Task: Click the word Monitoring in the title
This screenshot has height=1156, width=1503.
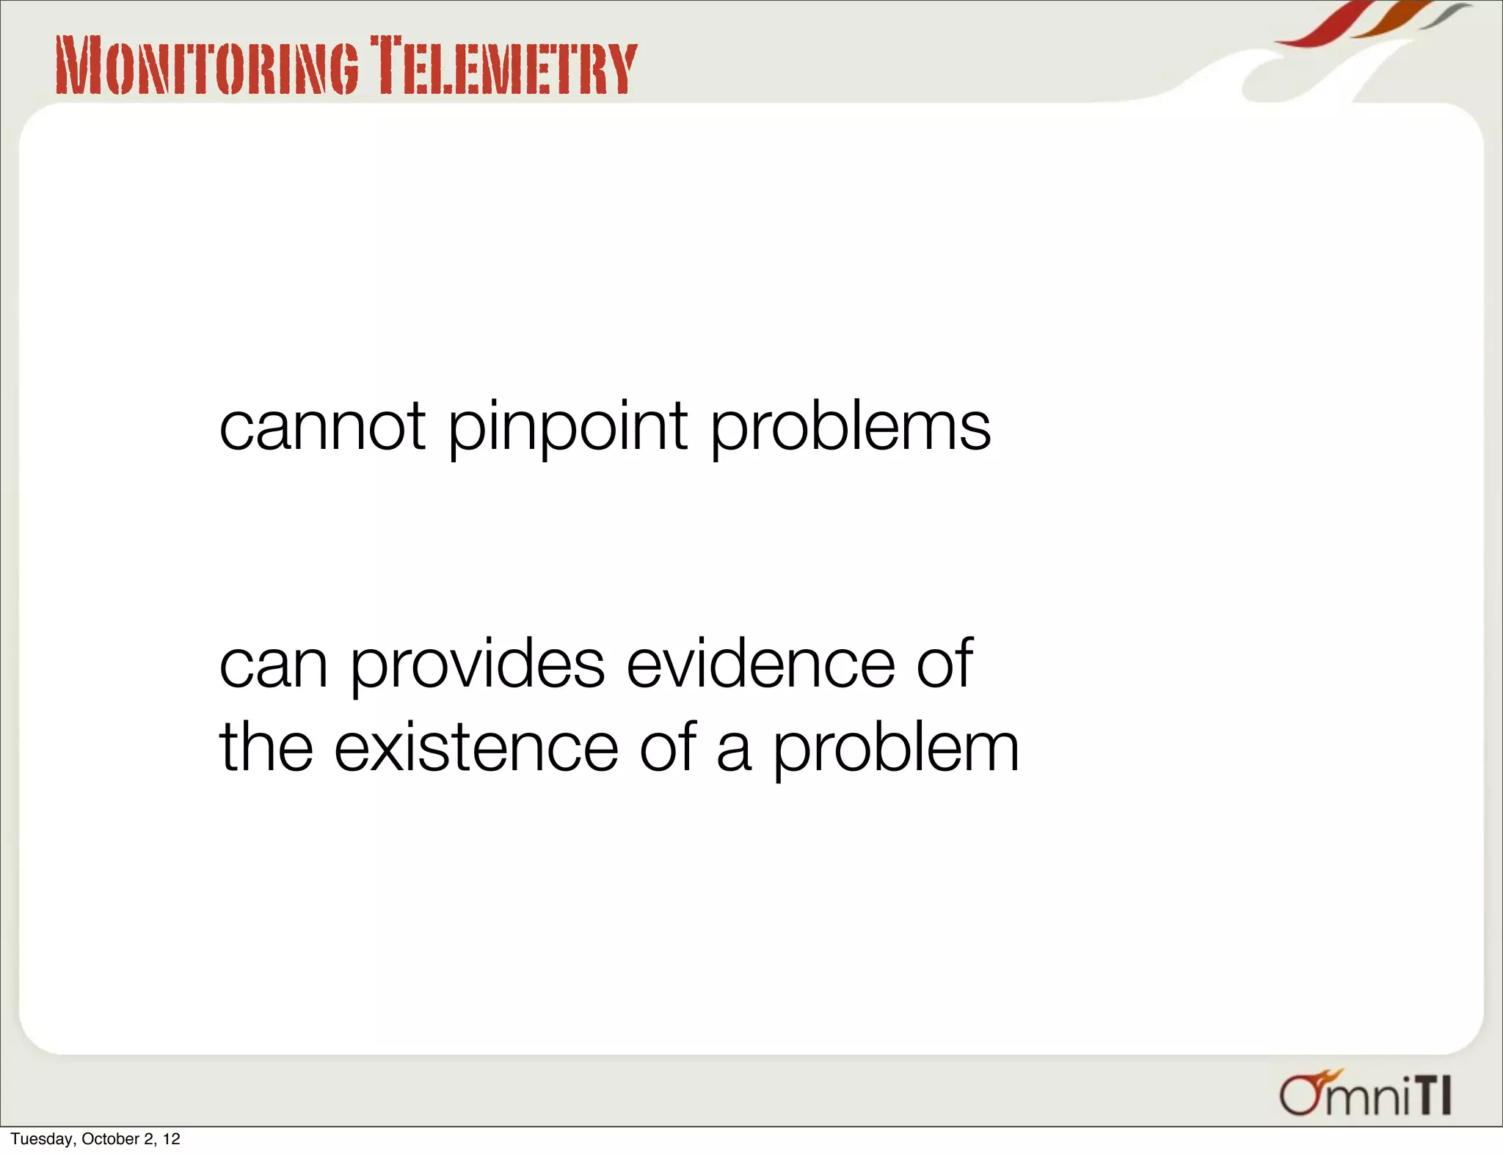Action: click(x=208, y=67)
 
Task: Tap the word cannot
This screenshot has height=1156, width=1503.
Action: click(x=322, y=427)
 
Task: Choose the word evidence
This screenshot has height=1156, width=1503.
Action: click(x=760, y=664)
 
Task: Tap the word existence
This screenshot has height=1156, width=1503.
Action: click(x=476, y=748)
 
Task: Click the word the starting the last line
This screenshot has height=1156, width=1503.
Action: click(x=266, y=748)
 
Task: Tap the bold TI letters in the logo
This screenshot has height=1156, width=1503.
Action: click(x=1433, y=1097)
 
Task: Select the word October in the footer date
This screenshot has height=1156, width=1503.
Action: click(x=110, y=1139)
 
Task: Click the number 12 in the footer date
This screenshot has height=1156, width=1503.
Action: click(x=172, y=1139)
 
